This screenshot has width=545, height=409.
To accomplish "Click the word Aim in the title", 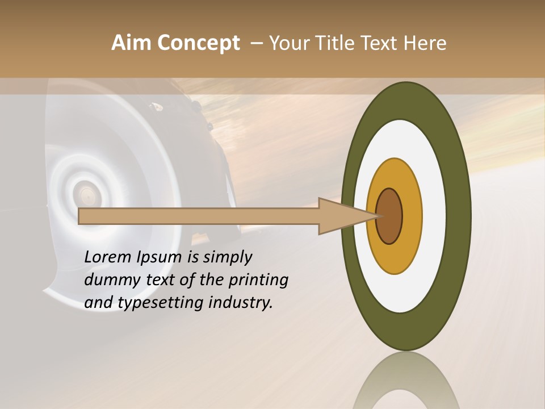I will tap(131, 43).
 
